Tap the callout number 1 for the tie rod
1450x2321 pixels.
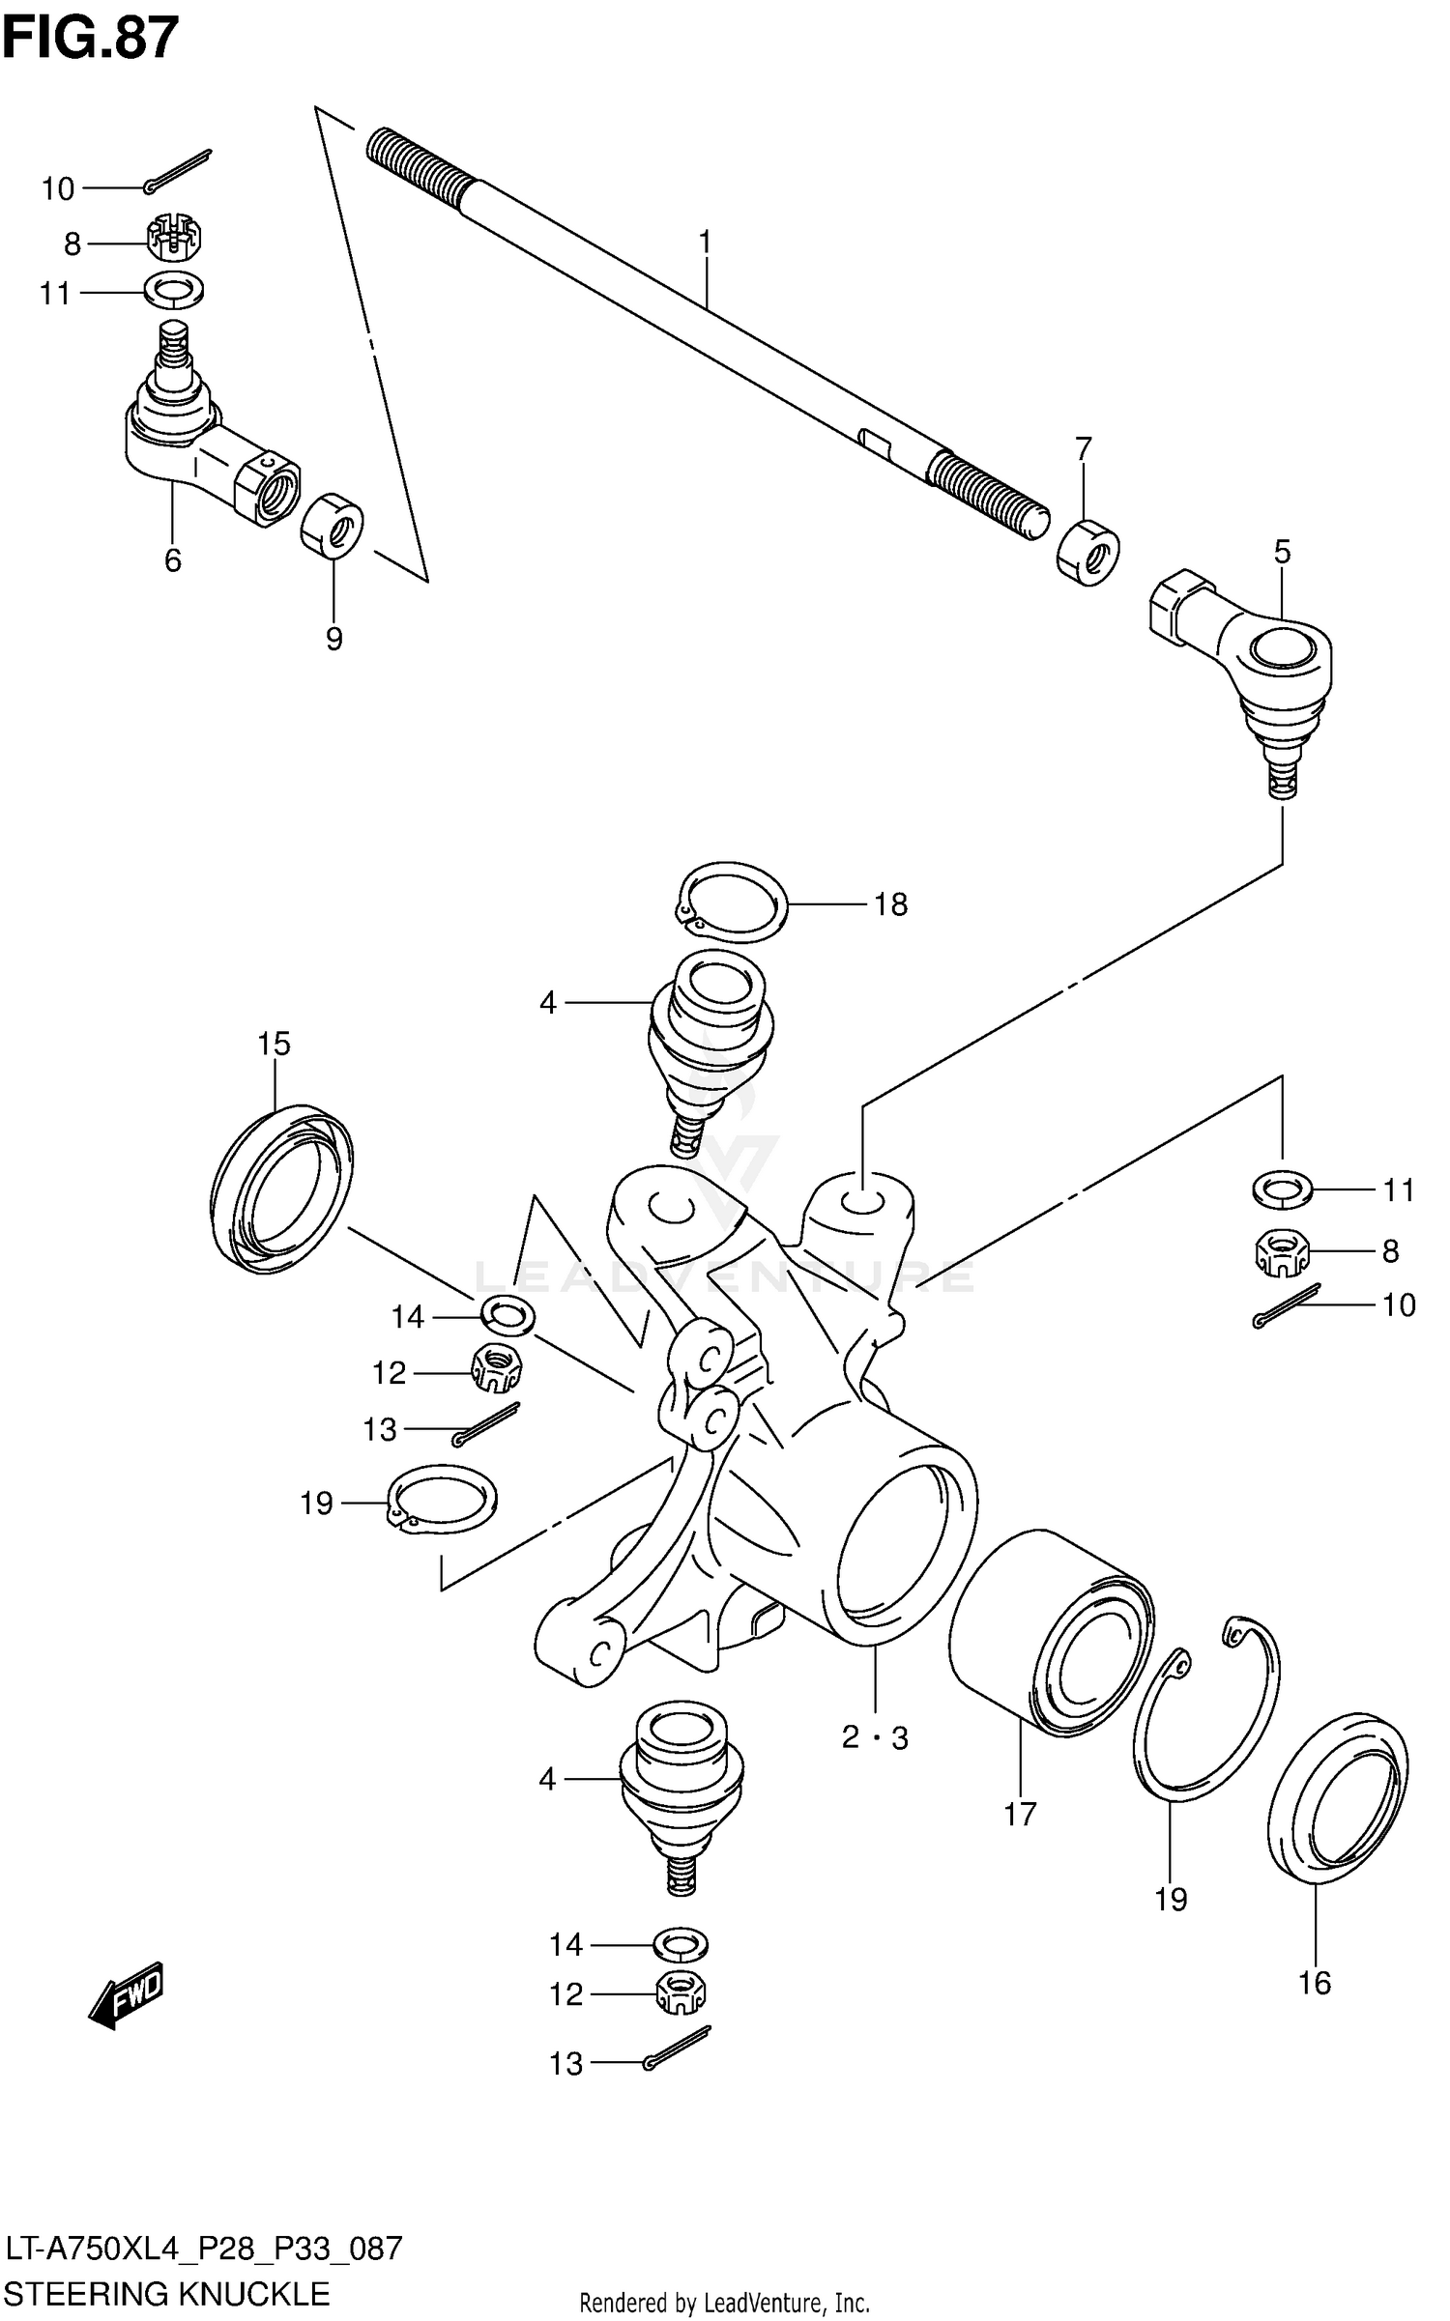(x=706, y=242)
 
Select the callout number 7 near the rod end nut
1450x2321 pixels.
(x=1083, y=449)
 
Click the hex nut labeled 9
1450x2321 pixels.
(x=332, y=525)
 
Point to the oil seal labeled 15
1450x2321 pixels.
(x=280, y=1188)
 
